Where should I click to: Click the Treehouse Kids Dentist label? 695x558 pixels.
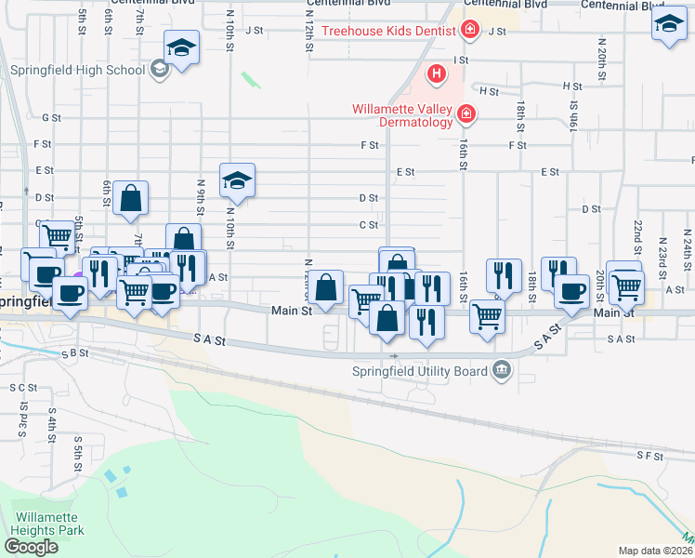[388, 31]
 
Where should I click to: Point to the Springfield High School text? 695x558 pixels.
[78, 70]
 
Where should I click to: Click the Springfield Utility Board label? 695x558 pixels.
[421, 371]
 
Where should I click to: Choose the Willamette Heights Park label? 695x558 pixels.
[47, 524]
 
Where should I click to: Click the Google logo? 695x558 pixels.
[31, 547]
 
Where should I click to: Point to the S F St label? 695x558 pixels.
[649, 456]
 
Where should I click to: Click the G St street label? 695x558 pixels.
[51, 118]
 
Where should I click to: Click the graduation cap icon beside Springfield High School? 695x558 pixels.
[182, 47]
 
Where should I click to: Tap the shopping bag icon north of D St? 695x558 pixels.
[132, 197]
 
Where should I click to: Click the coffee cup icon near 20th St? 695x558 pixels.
[571, 290]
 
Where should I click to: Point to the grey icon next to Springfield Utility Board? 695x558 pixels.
[502, 371]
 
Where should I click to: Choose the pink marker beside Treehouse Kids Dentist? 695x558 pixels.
[470, 31]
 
